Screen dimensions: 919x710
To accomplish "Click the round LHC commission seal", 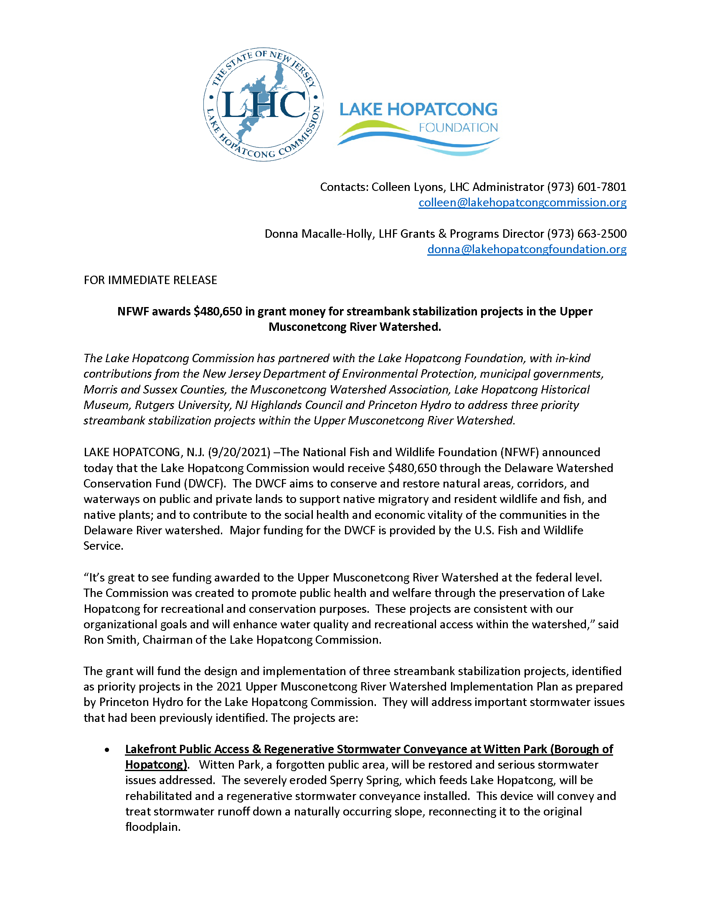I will point(263,104).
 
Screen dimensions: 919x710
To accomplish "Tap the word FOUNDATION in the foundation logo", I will point(458,128).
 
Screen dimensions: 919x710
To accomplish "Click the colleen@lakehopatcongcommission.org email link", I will point(522,203).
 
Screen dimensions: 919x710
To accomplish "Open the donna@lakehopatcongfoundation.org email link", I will point(527,249).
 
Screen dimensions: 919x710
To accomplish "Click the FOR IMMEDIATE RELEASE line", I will point(150,280).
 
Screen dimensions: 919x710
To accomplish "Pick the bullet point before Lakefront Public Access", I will point(108,750).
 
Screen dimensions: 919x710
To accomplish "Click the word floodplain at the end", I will point(152,827).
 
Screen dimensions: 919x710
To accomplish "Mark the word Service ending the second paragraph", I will point(103,546).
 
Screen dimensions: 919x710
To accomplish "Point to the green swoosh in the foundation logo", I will point(374,126).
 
